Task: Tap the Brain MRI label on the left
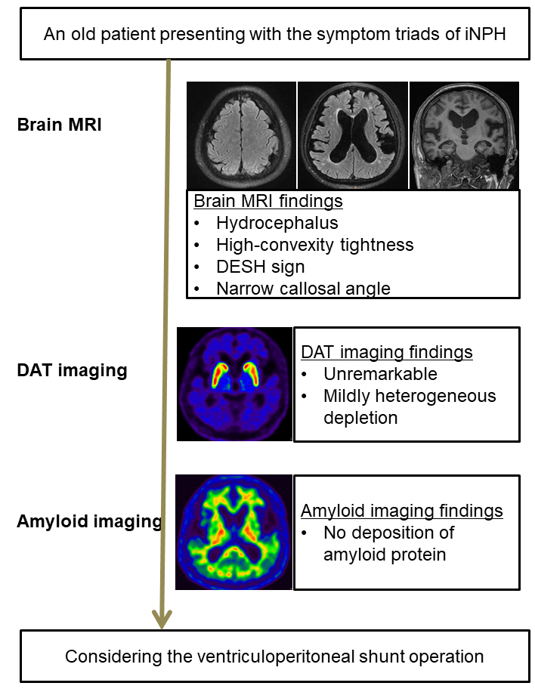[x=60, y=125]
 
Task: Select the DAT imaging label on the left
[x=72, y=370]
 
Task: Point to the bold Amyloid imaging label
[x=89, y=521]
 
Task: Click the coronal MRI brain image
[x=464, y=135]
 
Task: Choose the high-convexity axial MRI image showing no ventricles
[x=241, y=135]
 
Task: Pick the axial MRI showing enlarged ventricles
[x=353, y=135]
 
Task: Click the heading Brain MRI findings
[x=268, y=201]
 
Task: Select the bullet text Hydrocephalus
[x=277, y=223]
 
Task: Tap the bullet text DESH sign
[x=260, y=267]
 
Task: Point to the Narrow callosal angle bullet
[x=303, y=289]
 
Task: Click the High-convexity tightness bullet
[x=315, y=245]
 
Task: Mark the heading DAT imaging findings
[x=387, y=352]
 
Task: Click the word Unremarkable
[x=380, y=374]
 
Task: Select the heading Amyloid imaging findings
[x=402, y=511]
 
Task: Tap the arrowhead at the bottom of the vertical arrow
[x=162, y=620]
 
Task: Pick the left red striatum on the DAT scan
[x=219, y=375]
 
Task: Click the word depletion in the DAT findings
[x=360, y=418]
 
